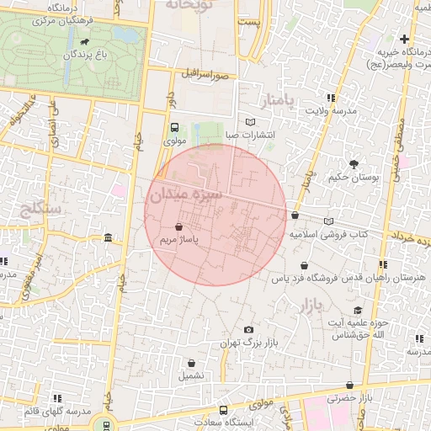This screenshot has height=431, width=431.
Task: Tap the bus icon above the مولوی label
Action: coord(174,129)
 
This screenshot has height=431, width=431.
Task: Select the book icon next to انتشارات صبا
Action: coord(249,123)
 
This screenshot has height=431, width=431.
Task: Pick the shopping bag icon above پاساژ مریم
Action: coord(178,227)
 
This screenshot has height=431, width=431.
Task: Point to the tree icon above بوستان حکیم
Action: coord(353,164)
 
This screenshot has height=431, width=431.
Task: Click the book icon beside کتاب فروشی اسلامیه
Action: coord(329,221)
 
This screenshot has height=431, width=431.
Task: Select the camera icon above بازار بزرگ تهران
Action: coord(247,329)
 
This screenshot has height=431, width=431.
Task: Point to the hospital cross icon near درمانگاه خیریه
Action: coord(405,39)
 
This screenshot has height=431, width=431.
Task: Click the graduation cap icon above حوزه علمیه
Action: coord(358,310)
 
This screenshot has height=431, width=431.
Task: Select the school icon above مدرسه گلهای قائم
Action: coord(57,397)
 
